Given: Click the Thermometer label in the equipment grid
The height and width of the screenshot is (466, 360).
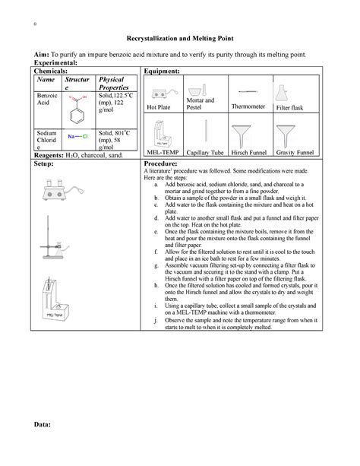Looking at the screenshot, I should click(248, 108).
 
